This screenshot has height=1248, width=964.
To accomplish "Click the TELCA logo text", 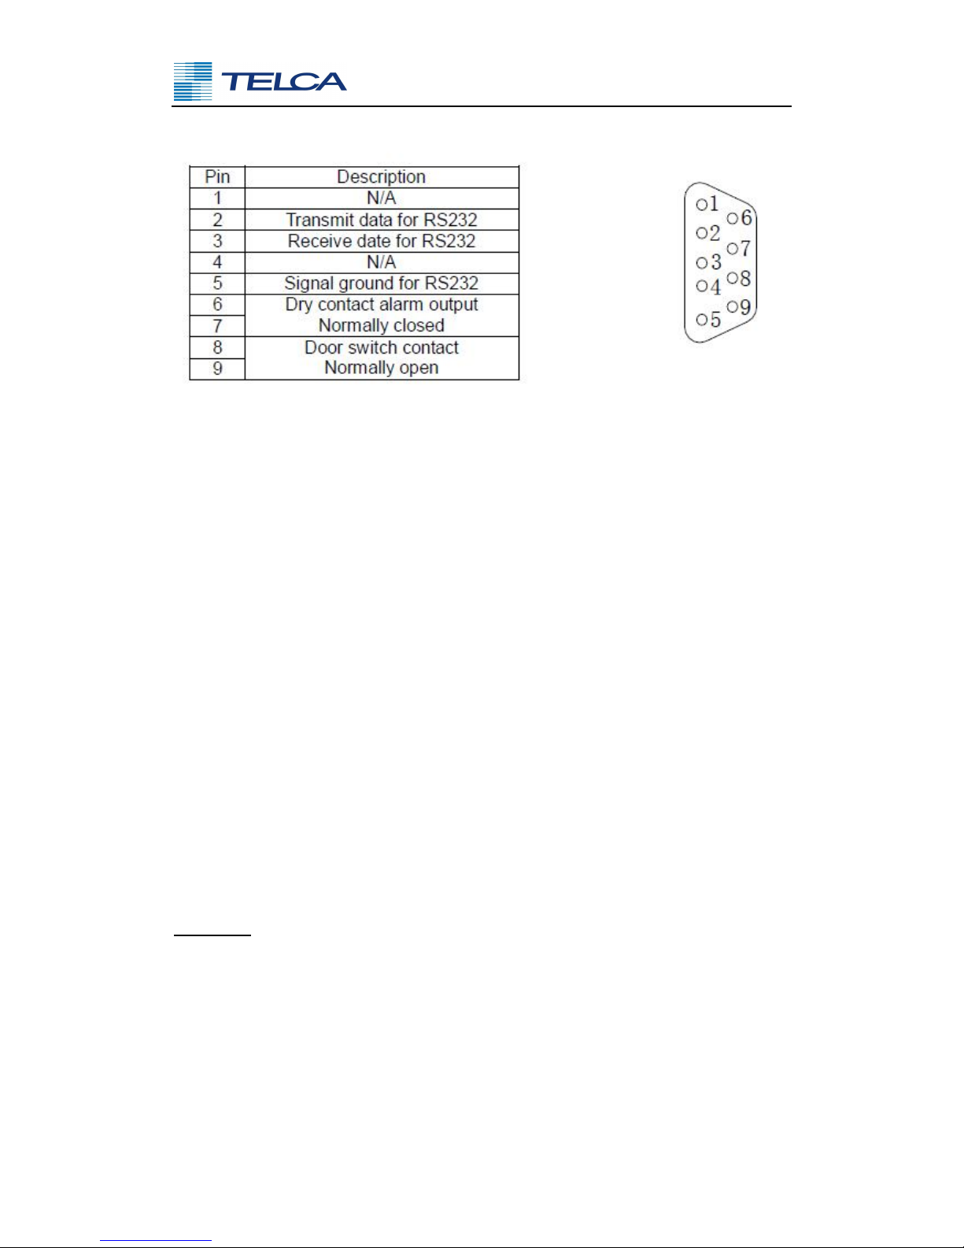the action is click(283, 81).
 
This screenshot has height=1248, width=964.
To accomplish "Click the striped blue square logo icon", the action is click(193, 82).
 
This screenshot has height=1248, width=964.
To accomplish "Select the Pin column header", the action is click(217, 177).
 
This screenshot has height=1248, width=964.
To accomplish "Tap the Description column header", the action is click(381, 177).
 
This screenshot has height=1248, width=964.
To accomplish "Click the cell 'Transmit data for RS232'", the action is click(382, 220).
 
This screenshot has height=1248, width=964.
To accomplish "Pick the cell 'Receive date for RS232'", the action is click(382, 241).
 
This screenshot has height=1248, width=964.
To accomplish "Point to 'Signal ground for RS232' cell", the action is click(382, 283).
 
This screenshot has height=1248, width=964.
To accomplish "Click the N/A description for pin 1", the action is click(382, 198).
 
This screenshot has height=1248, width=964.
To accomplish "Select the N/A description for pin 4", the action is click(382, 262).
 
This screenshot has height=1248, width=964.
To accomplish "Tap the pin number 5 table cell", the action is click(217, 283).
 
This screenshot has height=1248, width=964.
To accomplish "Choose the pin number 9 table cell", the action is click(217, 368).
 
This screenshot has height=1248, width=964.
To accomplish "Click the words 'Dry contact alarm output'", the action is click(382, 305).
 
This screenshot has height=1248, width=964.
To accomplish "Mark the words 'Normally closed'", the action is click(382, 326).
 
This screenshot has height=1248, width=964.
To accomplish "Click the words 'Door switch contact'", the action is click(382, 347).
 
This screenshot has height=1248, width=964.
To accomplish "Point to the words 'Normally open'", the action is click(382, 368).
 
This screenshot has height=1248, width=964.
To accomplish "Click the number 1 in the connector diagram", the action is click(713, 203).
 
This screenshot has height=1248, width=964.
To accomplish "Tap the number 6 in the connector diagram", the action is click(746, 217).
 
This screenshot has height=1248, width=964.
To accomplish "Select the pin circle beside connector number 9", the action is click(732, 307).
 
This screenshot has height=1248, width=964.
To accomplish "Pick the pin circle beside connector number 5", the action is click(702, 320).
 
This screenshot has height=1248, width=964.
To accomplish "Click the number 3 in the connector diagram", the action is click(715, 262).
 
